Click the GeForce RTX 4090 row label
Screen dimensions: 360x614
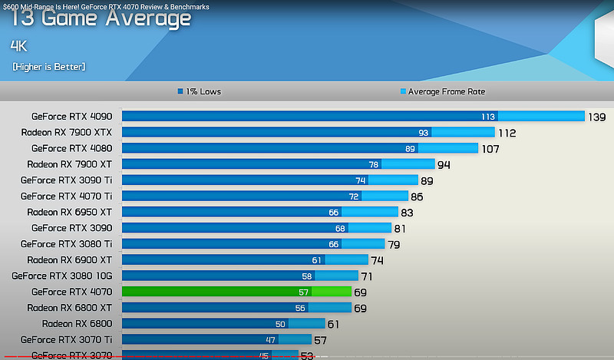71,117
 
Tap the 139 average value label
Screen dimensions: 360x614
597,117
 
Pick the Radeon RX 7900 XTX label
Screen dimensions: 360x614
66,132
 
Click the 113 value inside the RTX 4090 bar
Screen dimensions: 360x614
487,117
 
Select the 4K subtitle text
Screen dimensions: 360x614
19,45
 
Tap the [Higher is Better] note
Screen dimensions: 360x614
48,67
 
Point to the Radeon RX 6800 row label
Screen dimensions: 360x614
77,323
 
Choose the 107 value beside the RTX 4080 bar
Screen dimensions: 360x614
490,148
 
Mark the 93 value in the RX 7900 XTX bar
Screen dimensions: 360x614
424,132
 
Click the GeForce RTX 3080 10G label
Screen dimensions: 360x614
61,276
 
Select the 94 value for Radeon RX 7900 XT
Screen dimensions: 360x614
444,164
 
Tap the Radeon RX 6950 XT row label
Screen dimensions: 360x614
69,212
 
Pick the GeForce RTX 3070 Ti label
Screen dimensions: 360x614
66,339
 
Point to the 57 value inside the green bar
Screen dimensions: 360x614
304,292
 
